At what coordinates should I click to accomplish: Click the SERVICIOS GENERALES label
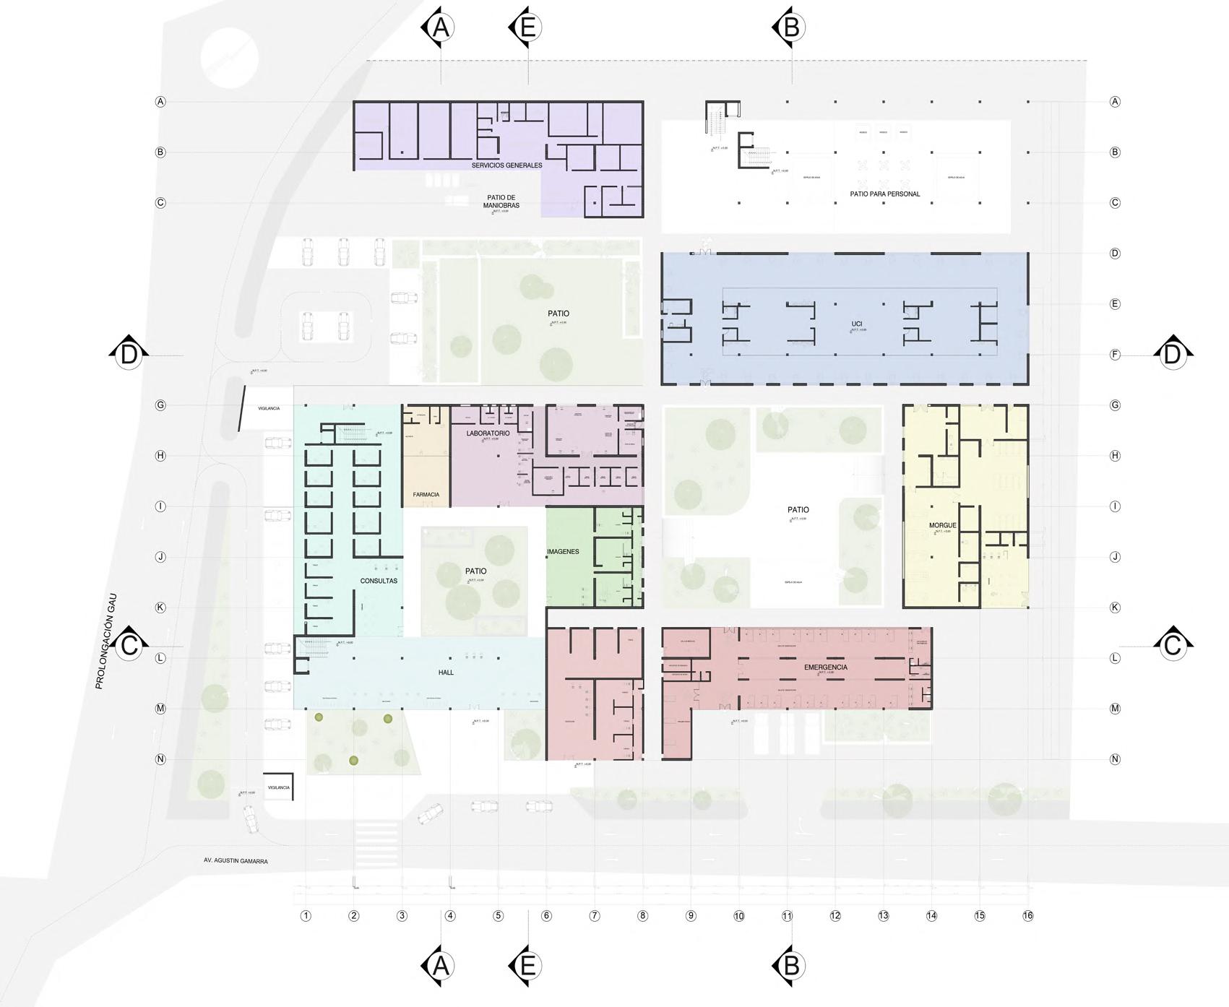[x=506, y=165]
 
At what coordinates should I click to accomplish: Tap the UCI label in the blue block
[x=857, y=324]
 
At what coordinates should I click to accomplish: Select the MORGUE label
[x=943, y=525]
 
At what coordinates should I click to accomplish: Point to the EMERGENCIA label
[x=826, y=667]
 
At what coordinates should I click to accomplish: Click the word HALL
[x=446, y=673]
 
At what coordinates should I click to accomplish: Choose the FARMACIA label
[x=426, y=495]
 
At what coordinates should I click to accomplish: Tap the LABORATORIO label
[x=488, y=433]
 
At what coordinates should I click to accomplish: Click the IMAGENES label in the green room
[x=563, y=552]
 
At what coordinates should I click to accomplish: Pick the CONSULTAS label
[x=379, y=581]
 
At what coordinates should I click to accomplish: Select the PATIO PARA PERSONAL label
[x=885, y=194]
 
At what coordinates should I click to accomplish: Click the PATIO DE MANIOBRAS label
[x=501, y=202]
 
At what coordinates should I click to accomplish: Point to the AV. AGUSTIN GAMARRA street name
[x=236, y=861]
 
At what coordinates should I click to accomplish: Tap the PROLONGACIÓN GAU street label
[x=105, y=641]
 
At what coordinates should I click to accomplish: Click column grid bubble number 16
[x=1027, y=916]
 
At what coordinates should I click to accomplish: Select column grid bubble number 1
[x=306, y=916]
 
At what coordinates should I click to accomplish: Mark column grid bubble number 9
[x=691, y=916]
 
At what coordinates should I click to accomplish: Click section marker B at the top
[x=790, y=28]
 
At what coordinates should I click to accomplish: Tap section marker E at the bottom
[x=527, y=965]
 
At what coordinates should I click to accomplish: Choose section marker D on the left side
[x=129, y=355]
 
